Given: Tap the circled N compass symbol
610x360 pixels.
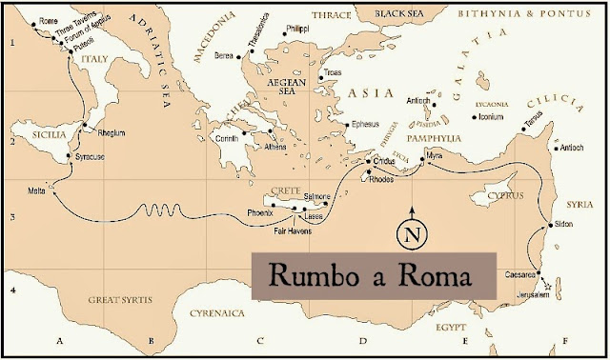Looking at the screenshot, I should tap(412, 231).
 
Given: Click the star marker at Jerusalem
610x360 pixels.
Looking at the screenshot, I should tap(548, 286).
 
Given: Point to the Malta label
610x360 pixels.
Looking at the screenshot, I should tap(37, 191).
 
